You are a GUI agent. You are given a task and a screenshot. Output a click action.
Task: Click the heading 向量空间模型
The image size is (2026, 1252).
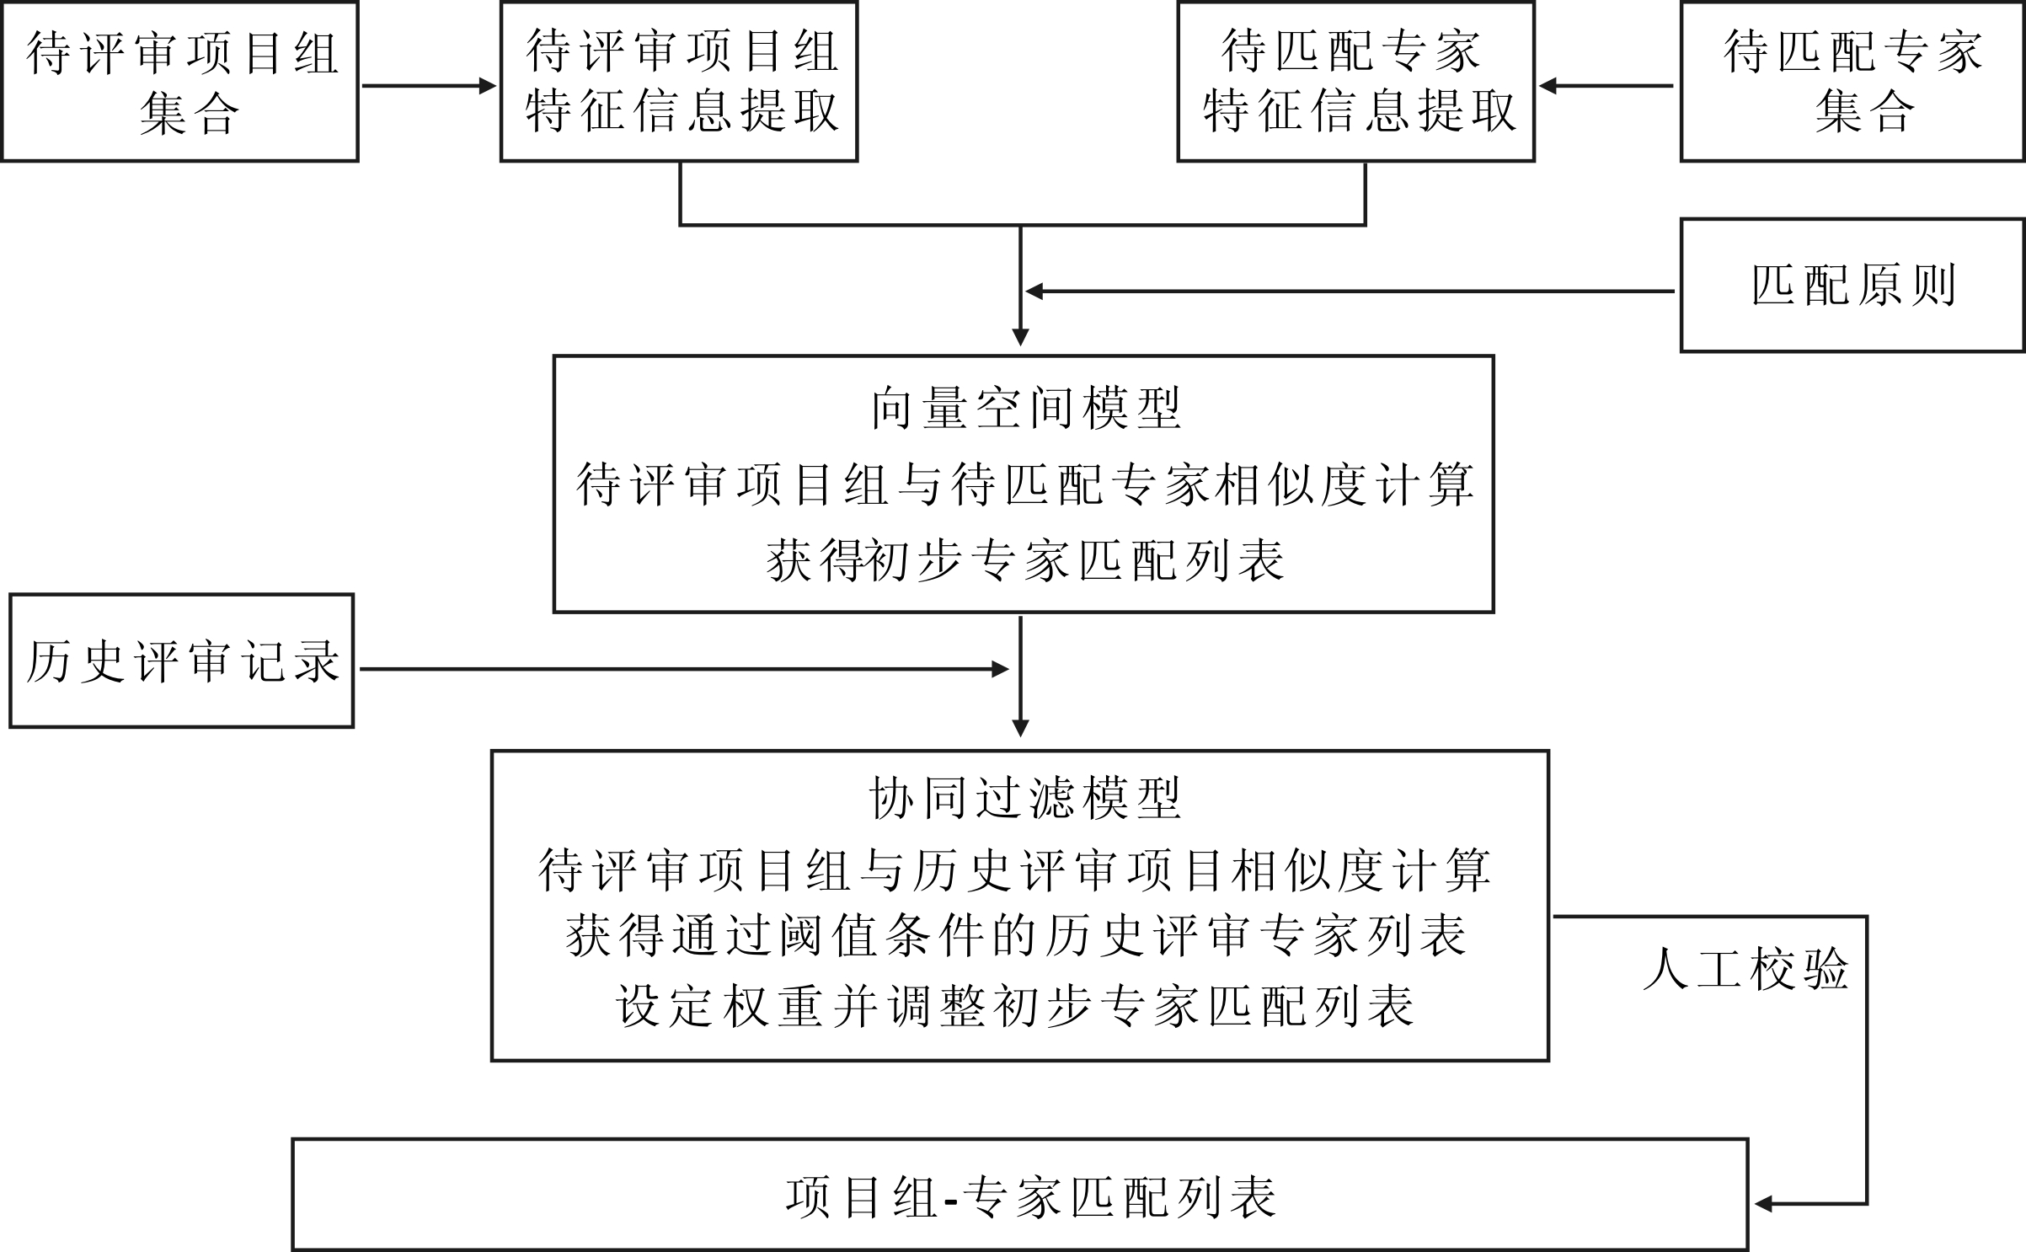click(1025, 409)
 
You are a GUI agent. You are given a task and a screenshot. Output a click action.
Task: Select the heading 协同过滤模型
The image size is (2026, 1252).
click(1025, 798)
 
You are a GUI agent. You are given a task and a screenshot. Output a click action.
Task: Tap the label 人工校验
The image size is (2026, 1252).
click(1745, 969)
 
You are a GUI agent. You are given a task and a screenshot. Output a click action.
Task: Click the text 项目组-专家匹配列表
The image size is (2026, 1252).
click(1031, 1197)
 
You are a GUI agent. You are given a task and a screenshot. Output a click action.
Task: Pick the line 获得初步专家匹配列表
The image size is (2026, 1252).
click(1025, 560)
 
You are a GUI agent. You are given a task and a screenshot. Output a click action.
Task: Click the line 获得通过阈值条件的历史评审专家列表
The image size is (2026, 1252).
click(1016, 935)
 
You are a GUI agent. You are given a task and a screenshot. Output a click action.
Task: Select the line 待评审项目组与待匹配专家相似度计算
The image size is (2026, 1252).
click(1025, 485)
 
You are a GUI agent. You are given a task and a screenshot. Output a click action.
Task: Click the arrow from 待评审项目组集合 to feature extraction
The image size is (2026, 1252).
click(430, 86)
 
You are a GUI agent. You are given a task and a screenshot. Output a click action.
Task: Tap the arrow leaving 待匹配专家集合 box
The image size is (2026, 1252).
click(1606, 86)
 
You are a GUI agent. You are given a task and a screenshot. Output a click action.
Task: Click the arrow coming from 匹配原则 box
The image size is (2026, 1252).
click(1350, 292)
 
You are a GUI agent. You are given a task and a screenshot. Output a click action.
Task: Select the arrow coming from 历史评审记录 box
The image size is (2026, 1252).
click(684, 669)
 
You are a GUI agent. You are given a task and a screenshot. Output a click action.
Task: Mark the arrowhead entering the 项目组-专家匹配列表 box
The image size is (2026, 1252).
click(1764, 1204)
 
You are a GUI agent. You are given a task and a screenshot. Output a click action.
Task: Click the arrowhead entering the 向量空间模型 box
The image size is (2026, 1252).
click(1020, 337)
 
